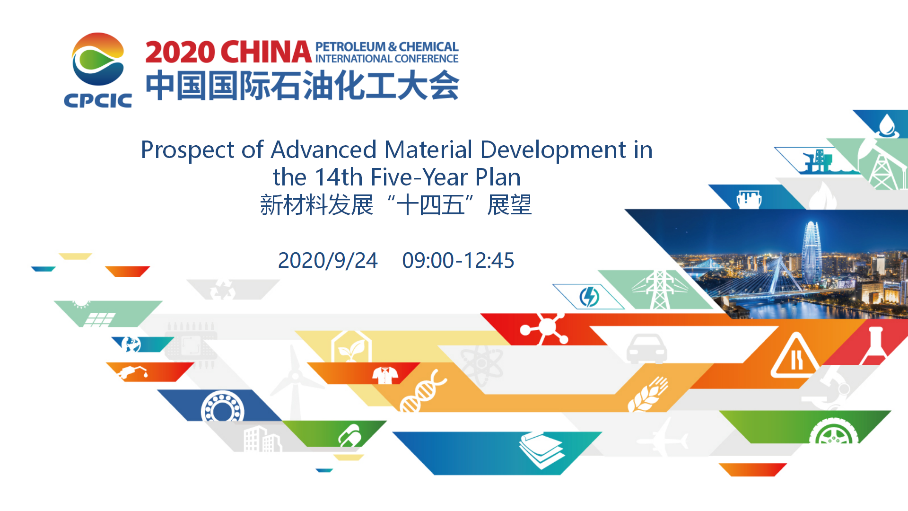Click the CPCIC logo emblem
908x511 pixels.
pyautogui.click(x=98, y=59)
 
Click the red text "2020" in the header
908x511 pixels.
pyautogui.click(x=180, y=52)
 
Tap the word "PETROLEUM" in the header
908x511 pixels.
pyautogui.click(x=350, y=47)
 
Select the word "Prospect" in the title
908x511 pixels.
pyautogui.click(x=188, y=150)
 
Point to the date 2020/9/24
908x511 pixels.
pyautogui.click(x=328, y=261)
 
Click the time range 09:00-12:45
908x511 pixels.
pyautogui.click(x=458, y=261)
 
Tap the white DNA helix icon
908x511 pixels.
pyautogui.click(x=422, y=391)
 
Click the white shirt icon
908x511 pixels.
pyautogui.click(x=385, y=375)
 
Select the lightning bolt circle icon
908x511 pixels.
pyautogui.click(x=589, y=297)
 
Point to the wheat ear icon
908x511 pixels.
pyautogui.click(x=647, y=394)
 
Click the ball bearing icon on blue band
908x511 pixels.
pyautogui.click(x=222, y=407)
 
